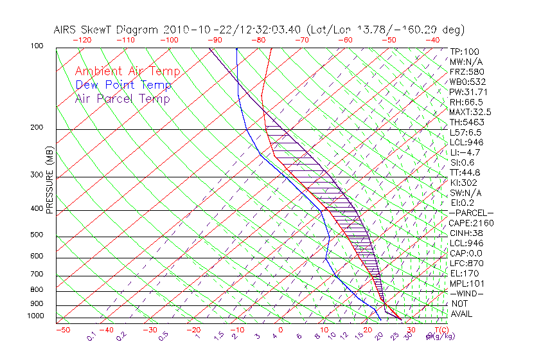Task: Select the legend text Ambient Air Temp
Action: pos(127,71)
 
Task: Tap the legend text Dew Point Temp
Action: pos(123,85)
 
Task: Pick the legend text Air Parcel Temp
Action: pos(122,98)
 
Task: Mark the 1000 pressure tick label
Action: pos(35,316)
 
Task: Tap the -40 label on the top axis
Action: pos(433,40)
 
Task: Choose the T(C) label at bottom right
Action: pos(438,330)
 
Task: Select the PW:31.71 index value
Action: pos(467,92)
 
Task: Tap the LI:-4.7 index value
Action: pos(464,152)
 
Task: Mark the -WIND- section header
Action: pos(467,293)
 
